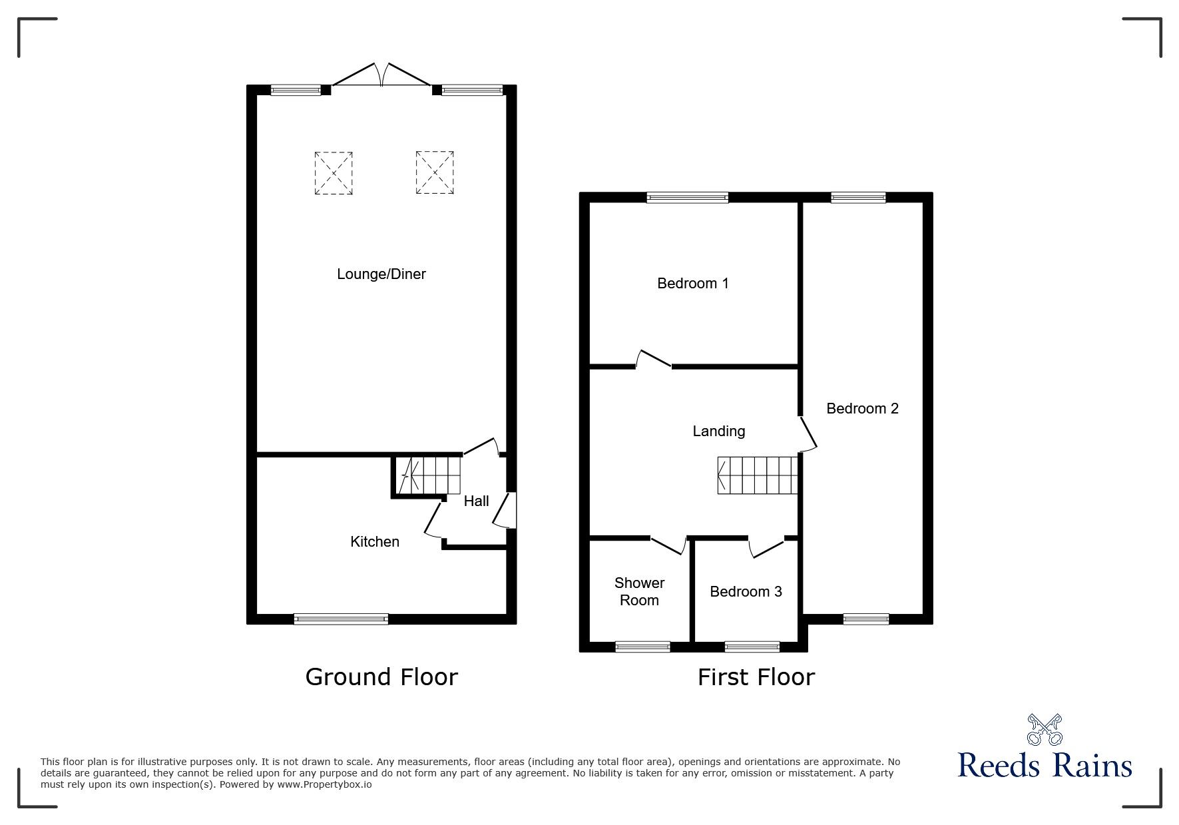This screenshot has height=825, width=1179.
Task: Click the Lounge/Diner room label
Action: tap(381, 274)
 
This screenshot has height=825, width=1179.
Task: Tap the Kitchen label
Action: tap(375, 542)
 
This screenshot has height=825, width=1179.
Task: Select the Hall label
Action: tap(476, 501)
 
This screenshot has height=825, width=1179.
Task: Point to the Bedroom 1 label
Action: tap(692, 284)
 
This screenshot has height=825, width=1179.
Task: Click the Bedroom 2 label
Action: tap(862, 409)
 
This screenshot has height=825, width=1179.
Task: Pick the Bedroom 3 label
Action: tap(746, 592)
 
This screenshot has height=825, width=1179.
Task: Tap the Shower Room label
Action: tap(639, 591)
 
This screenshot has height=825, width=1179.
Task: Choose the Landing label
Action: tap(718, 431)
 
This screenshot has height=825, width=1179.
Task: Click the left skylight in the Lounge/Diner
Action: tap(333, 173)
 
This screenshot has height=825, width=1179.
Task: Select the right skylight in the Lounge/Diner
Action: tap(435, 173)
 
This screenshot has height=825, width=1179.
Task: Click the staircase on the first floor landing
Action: tap(758, 475)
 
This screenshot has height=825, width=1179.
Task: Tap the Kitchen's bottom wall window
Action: tap(341, 619)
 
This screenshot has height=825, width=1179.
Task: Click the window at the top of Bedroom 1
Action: tap(688, 197)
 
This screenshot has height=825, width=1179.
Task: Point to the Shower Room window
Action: tap(642, 647)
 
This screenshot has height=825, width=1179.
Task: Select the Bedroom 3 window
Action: tap(752, 647)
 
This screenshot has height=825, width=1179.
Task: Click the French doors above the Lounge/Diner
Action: tap(381, 75)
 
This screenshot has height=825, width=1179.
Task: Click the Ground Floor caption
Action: tap(381, 677)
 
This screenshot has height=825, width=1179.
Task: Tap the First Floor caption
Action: tap(756, 677)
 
